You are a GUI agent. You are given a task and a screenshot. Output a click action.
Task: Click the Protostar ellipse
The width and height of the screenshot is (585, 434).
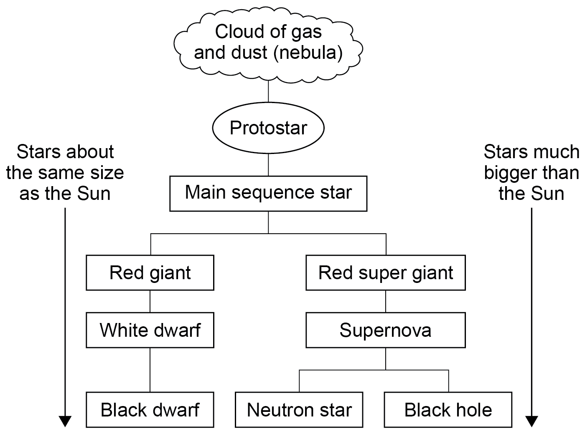[268, 128]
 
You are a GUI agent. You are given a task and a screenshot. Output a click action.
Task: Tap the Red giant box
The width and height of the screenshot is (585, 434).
[150, 273]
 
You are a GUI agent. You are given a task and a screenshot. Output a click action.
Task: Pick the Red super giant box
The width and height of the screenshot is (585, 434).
[385, 273]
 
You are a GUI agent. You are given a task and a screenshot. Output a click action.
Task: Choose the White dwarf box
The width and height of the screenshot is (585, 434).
[150, 330]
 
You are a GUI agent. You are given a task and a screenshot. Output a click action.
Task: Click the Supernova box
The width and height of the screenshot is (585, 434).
[385, 330]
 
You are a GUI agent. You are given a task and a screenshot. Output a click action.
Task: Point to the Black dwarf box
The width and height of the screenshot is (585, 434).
[150, 410]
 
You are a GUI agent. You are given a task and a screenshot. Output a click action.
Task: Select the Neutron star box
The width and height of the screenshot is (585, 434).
[299, 410]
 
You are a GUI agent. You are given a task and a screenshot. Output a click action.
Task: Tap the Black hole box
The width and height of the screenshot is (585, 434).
[448, 410]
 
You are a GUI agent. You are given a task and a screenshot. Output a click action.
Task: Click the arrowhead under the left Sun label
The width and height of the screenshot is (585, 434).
[65, 421]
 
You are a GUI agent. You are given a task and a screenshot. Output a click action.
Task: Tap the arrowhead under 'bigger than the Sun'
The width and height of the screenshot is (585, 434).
[532, 421]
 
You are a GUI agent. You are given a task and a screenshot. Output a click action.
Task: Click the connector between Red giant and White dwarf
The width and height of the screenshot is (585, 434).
[150, 301]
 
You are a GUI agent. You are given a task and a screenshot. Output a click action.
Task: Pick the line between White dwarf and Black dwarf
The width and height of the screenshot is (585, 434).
[150, 370]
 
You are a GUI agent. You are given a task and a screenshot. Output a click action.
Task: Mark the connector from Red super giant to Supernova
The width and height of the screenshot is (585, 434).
[385, 301]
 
